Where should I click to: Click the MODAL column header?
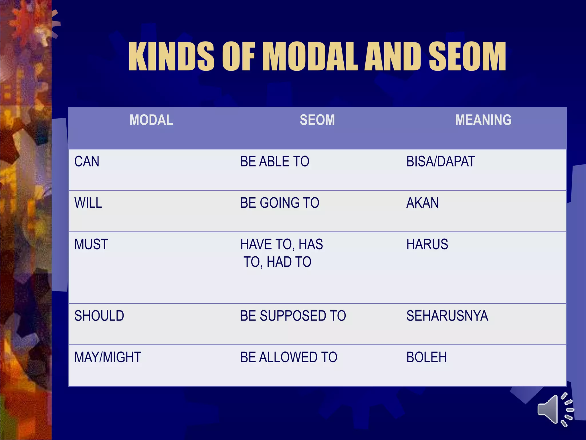pyautogui.click(x=151, y=120)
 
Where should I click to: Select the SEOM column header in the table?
pyautogui.click(x=317, y=120)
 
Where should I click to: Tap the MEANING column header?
pyautogui.click(x=483, y=120)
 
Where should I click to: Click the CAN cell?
pyautogui.click(x=87, y=162)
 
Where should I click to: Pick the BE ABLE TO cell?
pyautogui.click(x=275, y=162)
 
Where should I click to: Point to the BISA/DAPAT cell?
pyautogui.click(x=441, y=162)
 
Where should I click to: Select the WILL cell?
pyautogui.click(x=88, y=203)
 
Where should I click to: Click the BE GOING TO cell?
pyautogui.click(x=280, y=203)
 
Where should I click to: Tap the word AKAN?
pyautogui.click(x=422, y=203)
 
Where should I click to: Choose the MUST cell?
pyautogui.click(x=91, y=245)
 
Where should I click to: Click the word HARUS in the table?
pyautogui.click(x=427, y=245)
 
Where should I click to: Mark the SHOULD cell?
pyautogui.click(x=99, y=316)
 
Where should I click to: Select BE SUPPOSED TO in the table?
pyautogui.click(x=293, y=316)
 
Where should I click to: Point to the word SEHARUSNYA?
pyautogui.click(x=447, y=316)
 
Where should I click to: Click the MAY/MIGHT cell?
pyautogui.click(x=108, y=357)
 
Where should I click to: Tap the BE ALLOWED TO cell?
pyautogui.click(x=289, y=357)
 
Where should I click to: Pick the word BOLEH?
pyautogui.click(x=426, y=357)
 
